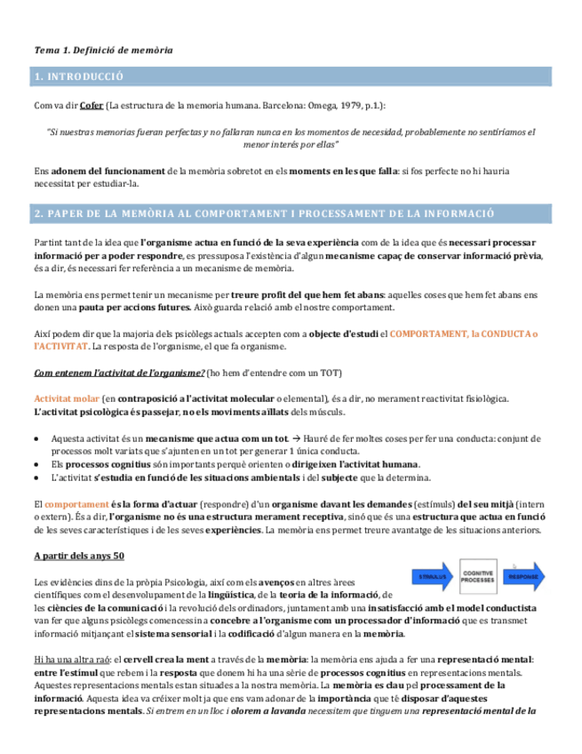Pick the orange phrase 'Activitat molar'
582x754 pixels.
coord(65,398)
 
